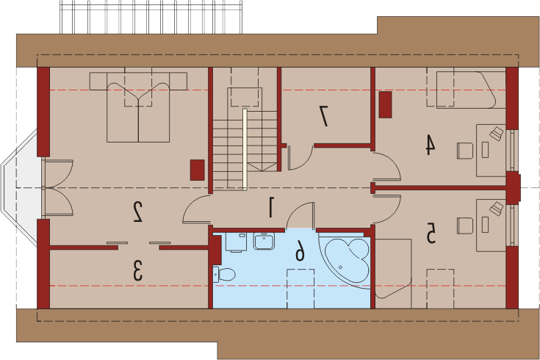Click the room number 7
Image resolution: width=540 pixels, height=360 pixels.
[323, 116]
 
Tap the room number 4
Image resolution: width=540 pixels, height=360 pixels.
[430, 145]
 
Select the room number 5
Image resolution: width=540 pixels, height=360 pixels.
[431, 233]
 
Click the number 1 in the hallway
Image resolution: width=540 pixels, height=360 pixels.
[272, 207]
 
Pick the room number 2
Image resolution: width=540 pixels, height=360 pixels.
[138, 212]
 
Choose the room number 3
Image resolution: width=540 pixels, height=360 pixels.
[137, 270]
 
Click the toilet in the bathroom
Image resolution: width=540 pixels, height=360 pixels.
[224, 275]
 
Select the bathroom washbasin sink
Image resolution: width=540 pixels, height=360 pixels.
[264, 241]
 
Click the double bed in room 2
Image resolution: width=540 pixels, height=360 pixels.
[138, 107]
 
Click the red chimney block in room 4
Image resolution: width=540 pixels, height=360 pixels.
[386, 105]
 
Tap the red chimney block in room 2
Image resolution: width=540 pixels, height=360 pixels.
[198, 170]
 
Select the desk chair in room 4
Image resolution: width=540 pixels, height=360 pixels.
[465, 151]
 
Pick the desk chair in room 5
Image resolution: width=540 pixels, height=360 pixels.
[465, 226]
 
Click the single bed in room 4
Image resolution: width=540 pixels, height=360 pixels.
[467, 90]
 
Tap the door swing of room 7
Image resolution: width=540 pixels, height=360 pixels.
[300, 158]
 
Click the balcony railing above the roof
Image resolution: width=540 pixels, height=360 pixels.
[151, 17]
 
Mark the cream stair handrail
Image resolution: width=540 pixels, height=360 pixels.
[245, 150]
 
